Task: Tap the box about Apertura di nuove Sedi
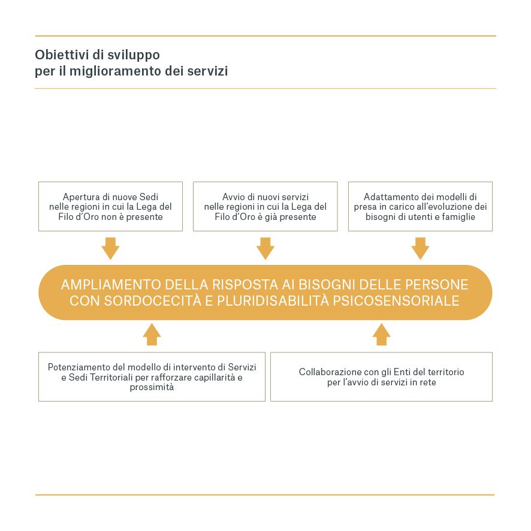(x=110, y=206)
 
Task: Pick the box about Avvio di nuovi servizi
(x=265, y=206)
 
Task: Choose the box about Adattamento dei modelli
(x=420, y=206)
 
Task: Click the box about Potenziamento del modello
(x=152, y=376)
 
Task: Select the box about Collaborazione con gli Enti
(x=381, y=376)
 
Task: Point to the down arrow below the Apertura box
(x=111, y=248)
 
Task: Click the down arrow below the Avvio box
(x=265, y=248)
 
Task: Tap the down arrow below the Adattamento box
(x=420, y=248)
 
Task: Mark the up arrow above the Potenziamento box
(x=152, y=334)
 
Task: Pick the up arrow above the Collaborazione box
(x=381, y=334)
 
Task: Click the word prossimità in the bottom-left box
(x=152, y=387)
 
